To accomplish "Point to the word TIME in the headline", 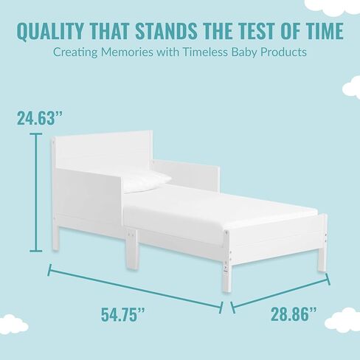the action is click(x=325, y=31).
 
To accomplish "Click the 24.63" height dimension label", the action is click(x=40, y=117).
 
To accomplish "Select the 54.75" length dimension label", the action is click(x=123, y=314).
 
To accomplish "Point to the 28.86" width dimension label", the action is click(x=294, y=314).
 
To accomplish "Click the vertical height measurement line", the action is click(x=36, y=193).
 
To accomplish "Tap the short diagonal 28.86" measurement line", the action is click(x=280, y=293).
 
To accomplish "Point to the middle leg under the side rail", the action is click(x=131, y=249).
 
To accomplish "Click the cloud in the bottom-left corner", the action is click(x=13, y=325).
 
